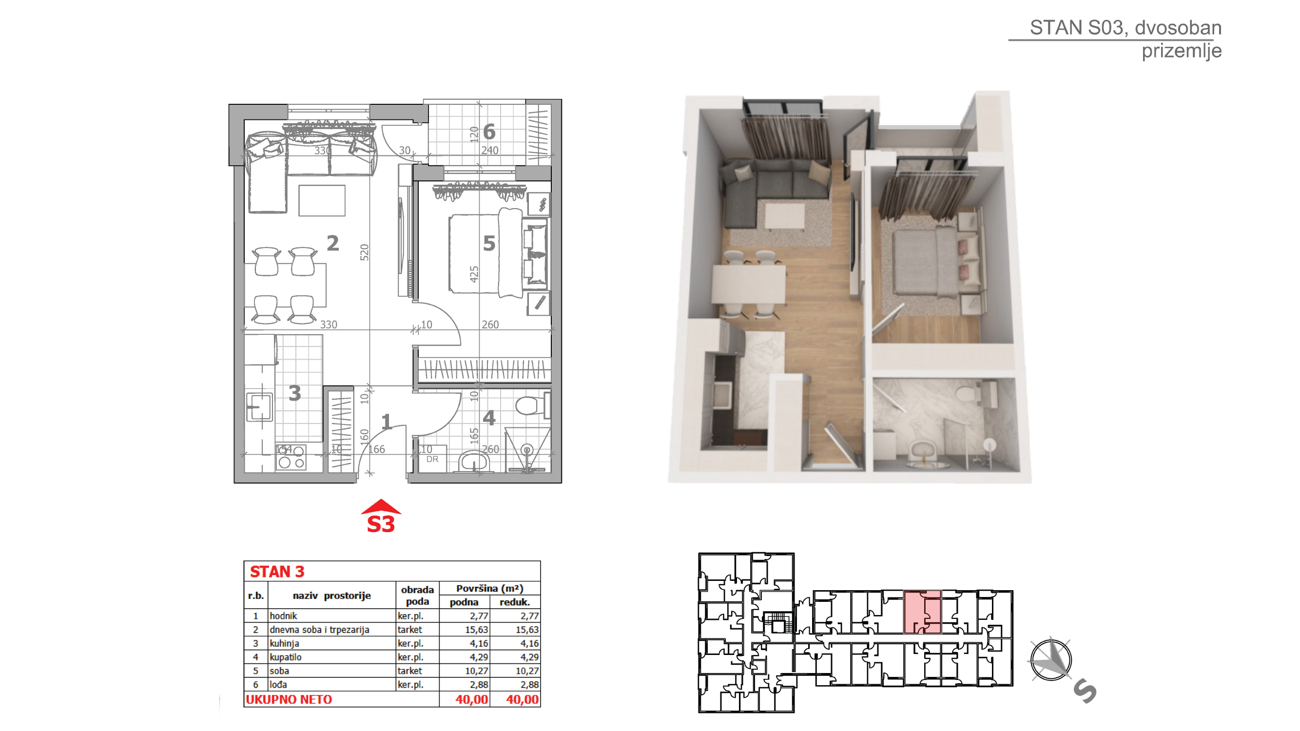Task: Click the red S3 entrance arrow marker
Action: tap(381, 516)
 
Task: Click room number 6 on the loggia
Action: tap(489, 132)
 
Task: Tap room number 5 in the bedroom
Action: tap(489, 244)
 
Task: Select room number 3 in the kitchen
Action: tap(295, 393)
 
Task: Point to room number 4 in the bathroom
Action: tap(489, 418)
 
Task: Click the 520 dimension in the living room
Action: tap(365, 252)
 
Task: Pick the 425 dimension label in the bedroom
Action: tap(473, 274)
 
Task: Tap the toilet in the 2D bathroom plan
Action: tap(531, 405)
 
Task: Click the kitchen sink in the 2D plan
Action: tap(259, 407)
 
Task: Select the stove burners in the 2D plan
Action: tap(291, 457)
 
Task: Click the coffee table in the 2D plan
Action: tap(322, 200)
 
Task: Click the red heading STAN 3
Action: tap(277, 572)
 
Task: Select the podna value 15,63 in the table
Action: tap(476, 630)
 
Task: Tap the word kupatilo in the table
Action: tap(286, 657)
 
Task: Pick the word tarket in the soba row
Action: tap(409, 671)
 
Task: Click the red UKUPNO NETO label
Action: tap(289, 700)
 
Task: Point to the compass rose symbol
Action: tap(1051, 659)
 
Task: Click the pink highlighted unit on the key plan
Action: tap(922, 612)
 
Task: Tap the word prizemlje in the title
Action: tap(1182, 51)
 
